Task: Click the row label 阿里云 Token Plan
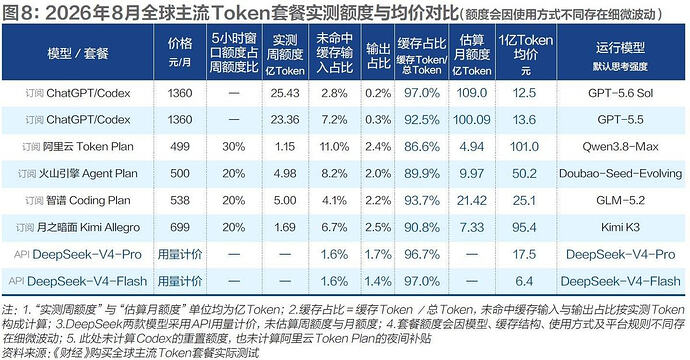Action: (78, 147)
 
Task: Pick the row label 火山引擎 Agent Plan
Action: (78, 173)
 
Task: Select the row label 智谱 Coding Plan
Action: (78, 200)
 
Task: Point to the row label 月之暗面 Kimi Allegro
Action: (78, 227)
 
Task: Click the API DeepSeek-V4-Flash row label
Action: (78, 281)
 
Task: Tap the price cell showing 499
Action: (180, 147)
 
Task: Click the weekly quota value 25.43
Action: (285, 93)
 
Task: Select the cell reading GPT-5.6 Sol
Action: (620, 93)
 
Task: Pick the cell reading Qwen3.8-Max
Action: (620, 147)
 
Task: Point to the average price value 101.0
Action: (525, 147)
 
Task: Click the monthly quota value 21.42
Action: (472, 200)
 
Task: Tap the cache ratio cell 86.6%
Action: (422, 147)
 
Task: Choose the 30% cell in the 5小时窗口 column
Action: (234, 147)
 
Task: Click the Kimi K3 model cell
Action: (620, 227)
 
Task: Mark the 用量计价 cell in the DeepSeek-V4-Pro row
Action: (180, 254)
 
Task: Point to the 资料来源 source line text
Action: (131, 353)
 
